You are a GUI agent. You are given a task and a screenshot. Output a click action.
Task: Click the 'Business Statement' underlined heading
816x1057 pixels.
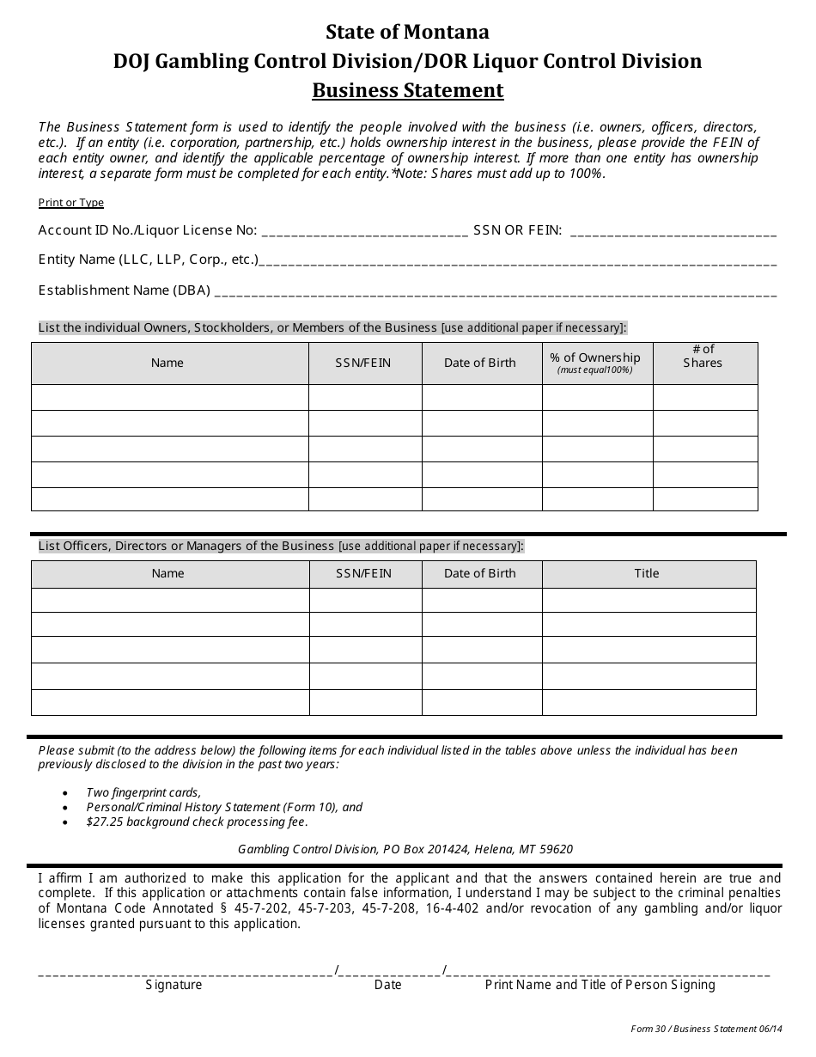tap(407, 90)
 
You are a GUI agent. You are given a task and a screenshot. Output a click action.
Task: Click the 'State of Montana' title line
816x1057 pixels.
tap(407, 33)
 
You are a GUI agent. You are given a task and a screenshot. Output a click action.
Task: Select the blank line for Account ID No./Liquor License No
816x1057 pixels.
tap(364, 231)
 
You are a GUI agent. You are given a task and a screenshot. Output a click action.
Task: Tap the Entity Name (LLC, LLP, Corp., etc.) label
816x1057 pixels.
tap(148, 260)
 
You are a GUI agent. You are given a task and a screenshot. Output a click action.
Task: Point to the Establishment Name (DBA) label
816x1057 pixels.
tap(125, 290)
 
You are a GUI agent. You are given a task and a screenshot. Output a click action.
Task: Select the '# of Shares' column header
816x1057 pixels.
tap(703, 357)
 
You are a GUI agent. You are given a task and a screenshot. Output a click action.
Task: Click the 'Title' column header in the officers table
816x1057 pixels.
tap(647, 573)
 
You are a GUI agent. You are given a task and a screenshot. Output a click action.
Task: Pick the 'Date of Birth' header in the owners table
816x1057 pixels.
tap(480, 363)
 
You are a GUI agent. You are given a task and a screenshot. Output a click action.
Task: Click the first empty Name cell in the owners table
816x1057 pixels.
tap(170, 397)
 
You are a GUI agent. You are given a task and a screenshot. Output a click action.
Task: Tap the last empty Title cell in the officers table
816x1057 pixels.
tap(649, 702)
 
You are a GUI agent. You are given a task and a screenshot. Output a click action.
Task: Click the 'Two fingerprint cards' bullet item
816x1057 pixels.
tap(143, 792)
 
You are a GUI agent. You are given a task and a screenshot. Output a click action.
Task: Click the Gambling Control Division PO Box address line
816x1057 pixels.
tap(405, 849)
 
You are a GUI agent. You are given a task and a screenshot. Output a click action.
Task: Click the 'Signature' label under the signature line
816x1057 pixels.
tap(174, 985)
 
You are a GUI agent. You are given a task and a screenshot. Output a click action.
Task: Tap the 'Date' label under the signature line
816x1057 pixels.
tap(387, 985)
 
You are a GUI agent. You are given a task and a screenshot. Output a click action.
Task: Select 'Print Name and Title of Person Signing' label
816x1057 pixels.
tap(600, 985)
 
